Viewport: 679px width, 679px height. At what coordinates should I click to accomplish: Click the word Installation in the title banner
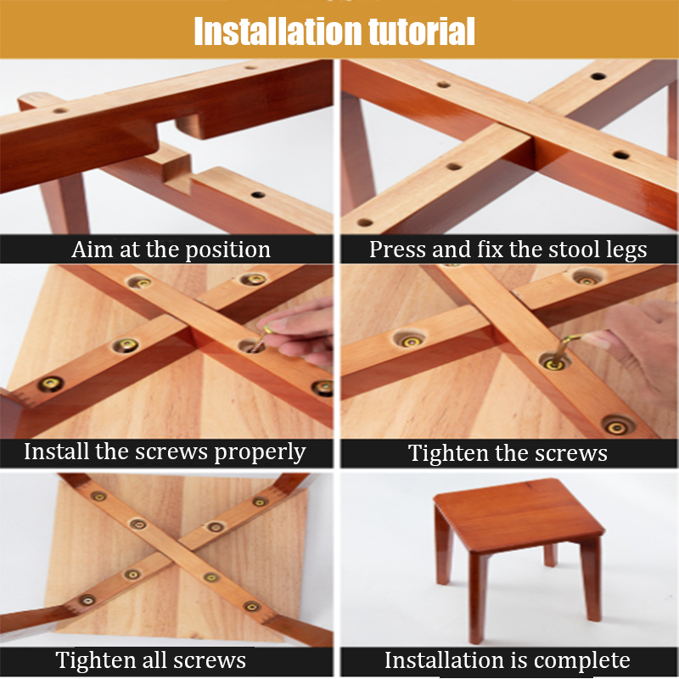278,31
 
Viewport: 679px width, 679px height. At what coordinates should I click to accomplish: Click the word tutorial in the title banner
422,31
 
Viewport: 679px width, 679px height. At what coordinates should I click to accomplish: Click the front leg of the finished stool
478,598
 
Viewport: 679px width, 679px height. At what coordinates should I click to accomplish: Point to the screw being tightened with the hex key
554,362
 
